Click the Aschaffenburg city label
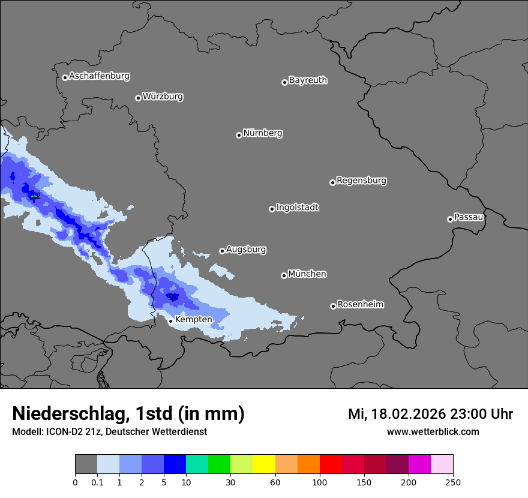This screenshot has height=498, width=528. [99, 76]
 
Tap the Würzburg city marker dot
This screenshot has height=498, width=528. [138, 98]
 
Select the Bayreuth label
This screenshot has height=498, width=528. [308, 80]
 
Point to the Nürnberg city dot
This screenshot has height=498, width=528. [239, 135]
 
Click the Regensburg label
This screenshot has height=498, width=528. [361, 180]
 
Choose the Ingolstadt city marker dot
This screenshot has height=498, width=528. [272, 209]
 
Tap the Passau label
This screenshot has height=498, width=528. [469, 217]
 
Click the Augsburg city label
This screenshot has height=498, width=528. [246, 249]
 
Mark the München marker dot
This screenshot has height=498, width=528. [284, 275]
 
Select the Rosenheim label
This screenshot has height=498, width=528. [360, 304]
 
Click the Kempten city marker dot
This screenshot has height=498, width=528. [170, 321]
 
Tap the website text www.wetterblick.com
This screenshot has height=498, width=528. [433, 431]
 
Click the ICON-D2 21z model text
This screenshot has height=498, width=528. [70, 431]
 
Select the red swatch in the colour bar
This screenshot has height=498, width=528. [331, 464]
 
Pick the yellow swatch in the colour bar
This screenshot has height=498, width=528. [264, 464]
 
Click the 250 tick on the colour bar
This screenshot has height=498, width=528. [453, 481]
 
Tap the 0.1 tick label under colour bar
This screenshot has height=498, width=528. [97, 481]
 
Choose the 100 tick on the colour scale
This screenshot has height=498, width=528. [320, 481]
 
